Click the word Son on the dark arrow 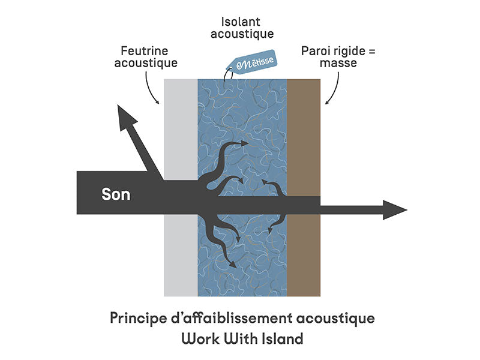pyautogui.click(x=116, y=194)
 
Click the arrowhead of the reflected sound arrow pyautogui.click(x=125, y=117)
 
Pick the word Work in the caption pyautogui.click(x=199, y=339)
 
